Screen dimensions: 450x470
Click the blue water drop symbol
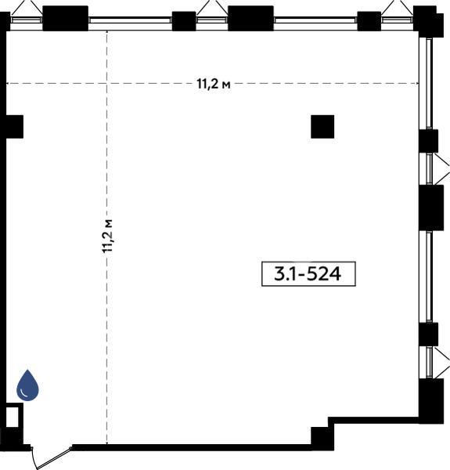pos(27,385)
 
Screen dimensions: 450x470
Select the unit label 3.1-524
pos(308,274)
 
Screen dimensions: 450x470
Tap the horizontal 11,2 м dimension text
pos(214,85)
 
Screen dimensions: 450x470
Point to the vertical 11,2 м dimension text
pos(107,236)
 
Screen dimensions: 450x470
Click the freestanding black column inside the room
pos(322,126)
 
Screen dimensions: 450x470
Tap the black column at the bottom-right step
pos(322,438)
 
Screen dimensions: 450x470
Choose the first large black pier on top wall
pos(65,18)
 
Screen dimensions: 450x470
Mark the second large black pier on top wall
pos(250,18)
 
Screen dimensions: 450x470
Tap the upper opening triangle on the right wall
pos(441,169)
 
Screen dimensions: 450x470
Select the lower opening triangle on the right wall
pos(441,363)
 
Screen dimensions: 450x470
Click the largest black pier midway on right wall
pos(431,208)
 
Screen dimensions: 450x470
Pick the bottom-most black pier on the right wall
pos(431,401)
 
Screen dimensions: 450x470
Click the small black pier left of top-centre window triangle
pos(184,21)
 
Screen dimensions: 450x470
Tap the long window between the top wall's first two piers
pos(130,20)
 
